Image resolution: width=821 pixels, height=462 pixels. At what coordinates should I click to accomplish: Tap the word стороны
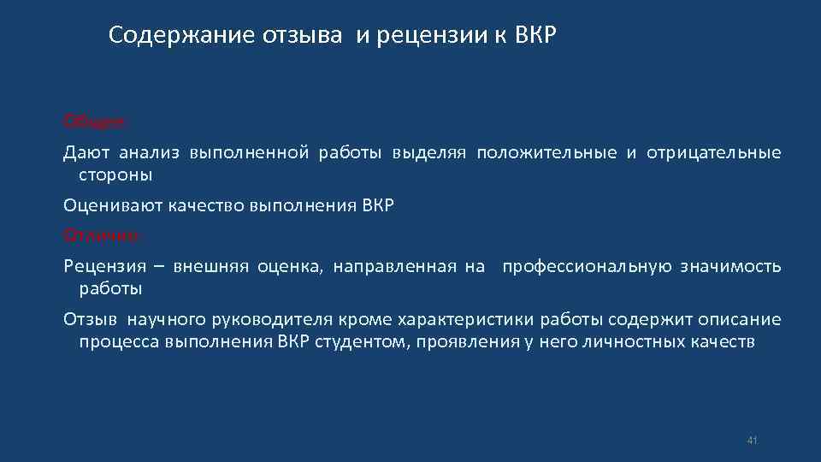tap(115, 175)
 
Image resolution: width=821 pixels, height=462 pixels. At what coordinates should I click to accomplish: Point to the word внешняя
tap(210, 266)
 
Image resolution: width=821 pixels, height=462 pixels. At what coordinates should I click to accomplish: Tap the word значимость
tap(731, 266)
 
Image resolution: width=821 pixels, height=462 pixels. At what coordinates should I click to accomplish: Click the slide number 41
tap(753, 440)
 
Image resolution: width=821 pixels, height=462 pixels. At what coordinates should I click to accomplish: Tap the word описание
tap(740, 320)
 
